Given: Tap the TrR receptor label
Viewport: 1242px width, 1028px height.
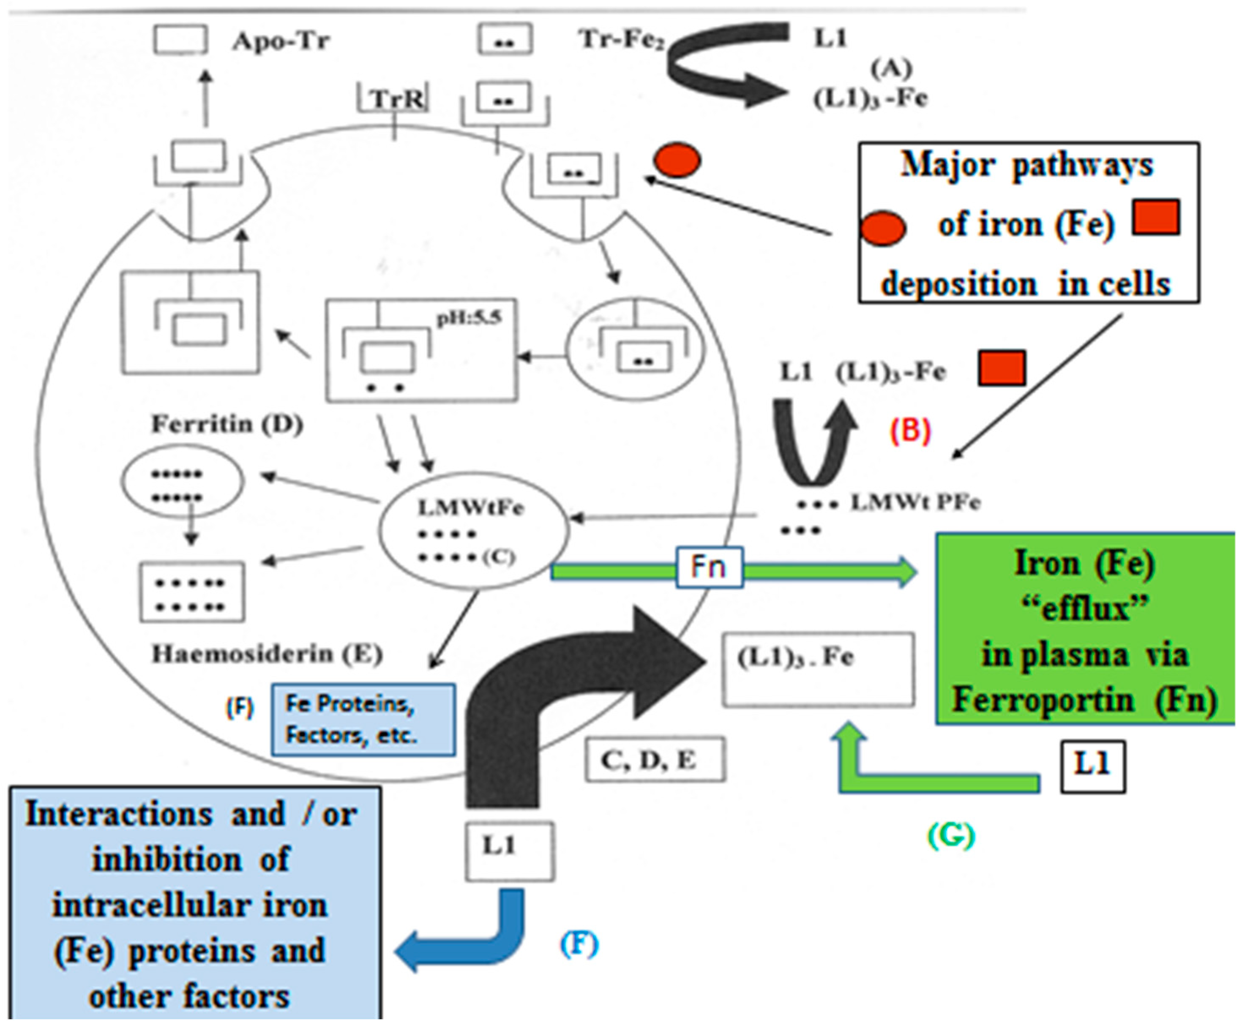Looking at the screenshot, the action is point(397,99).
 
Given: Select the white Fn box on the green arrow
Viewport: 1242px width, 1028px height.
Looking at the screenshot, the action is point(709,567).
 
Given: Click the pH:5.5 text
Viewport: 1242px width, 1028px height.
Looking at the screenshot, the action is point(469,318).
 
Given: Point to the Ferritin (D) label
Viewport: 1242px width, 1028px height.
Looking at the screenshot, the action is point(227,424).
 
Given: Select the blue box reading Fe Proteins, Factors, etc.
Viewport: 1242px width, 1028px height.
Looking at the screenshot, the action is point(363,720).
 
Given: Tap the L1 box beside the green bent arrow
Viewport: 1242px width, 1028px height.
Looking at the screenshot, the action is point(1092,766).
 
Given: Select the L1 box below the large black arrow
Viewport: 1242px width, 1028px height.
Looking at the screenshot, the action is point(510,851).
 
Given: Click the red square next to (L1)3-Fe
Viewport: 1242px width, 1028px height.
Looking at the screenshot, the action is point(1001,368).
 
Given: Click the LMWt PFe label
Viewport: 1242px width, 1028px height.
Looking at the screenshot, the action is point(915,502).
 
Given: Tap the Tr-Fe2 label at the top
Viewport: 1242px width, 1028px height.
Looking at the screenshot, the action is point(622,40).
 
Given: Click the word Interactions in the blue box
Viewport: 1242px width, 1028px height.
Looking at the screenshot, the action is point(119,815).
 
